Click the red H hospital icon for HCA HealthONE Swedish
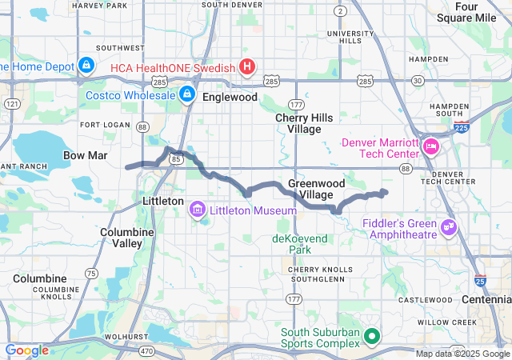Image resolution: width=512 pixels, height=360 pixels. point(247,66)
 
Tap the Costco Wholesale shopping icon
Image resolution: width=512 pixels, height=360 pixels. point(186,94)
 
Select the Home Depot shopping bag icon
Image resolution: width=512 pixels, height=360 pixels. point(86,66)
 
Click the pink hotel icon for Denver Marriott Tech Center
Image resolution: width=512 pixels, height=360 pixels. point(431,146)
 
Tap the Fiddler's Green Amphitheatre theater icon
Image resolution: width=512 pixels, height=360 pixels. point(448,227)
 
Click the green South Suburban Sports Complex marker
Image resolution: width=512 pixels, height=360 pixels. point(370,336)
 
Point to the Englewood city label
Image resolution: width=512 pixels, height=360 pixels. point(230,97)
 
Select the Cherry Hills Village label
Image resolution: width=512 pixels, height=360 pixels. point(298,123)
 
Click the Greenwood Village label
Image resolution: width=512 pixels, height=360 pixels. point(310,189)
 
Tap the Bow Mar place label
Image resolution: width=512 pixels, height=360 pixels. point(85,154)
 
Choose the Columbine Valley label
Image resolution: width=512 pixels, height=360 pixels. point(122,237)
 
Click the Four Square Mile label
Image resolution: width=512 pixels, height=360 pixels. point(477,12)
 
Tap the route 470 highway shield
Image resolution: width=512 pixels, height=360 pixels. point(146,350)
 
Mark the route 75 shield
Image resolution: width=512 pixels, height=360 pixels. point(91,274)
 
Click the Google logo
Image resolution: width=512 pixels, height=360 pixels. point(27,350)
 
